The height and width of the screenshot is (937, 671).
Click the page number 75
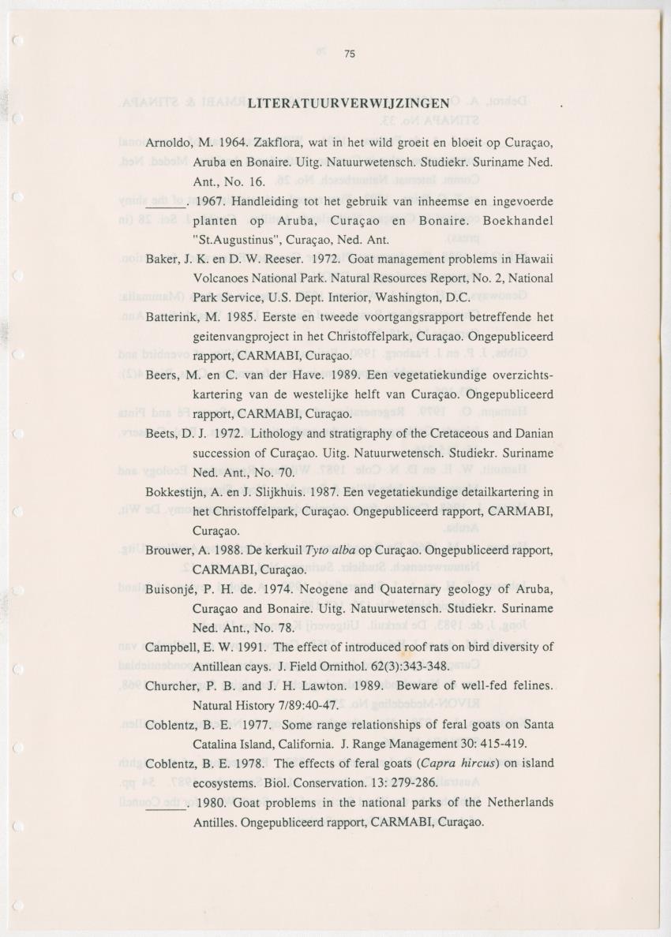click(x=350, y=54)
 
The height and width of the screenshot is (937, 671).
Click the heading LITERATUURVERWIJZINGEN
click(x=348, y=103)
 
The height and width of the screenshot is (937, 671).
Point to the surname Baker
click(x=161, y=259)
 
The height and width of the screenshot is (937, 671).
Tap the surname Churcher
click(x=171, y=685)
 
